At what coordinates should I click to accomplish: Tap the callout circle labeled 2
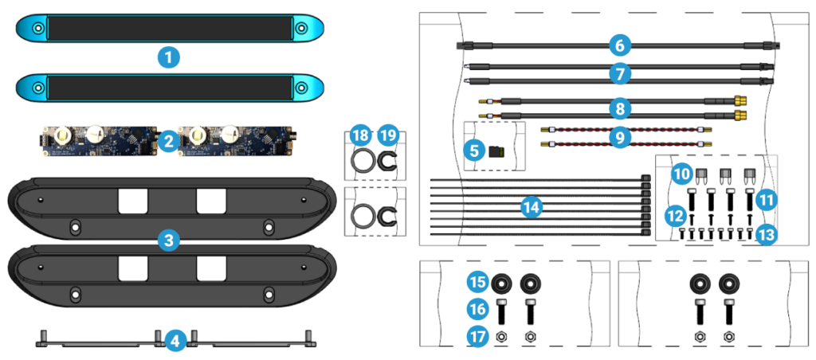point(168,142)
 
